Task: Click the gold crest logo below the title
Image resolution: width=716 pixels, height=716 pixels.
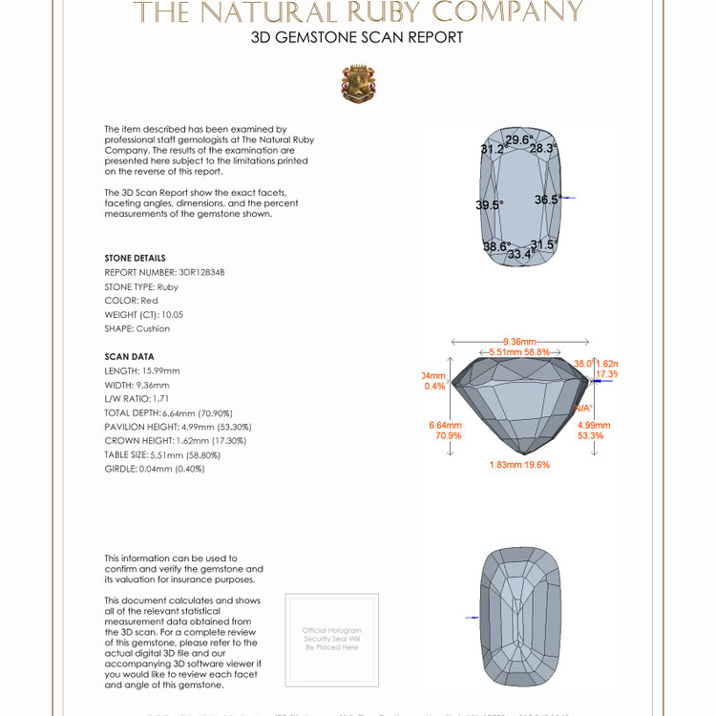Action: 358,84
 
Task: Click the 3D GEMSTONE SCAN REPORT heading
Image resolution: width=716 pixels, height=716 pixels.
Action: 357,38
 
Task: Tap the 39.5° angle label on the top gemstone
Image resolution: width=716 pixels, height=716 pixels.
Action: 490,204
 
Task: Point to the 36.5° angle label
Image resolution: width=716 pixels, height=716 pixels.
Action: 548,200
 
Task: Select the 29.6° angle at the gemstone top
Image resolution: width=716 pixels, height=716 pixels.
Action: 518,140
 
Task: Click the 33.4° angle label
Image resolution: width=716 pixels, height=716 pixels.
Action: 520,254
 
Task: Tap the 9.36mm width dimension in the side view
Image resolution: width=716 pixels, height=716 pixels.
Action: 519,341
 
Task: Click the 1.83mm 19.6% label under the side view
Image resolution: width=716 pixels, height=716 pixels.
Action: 519,464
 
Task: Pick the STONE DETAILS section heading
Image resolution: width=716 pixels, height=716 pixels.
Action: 135,259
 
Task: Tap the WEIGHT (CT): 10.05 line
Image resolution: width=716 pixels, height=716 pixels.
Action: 143,314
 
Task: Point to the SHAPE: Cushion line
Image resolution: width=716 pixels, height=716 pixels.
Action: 137,328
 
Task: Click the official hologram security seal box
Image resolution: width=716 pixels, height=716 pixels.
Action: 331,639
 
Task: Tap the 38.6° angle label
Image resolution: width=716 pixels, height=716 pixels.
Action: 495,246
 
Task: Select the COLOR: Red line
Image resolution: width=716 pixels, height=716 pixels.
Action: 131,301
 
